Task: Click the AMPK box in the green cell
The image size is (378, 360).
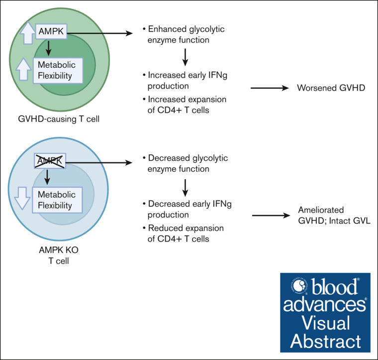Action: [x=51, y=31]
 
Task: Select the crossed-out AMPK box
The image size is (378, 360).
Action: [x=50, y=161]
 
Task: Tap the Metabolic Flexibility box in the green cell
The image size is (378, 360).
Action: [x=58, y=70]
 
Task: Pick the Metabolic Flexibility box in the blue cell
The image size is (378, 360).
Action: [x=57, y=200]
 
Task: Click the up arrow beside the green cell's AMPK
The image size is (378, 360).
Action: [x=28, y=32]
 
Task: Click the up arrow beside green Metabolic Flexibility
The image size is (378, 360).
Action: [x=23, y=69]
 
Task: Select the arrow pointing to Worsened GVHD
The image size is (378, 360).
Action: [x=270, y=88]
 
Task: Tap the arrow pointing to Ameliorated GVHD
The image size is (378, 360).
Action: [x=271, y=215]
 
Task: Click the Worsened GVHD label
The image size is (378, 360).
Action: [x=331, y=88]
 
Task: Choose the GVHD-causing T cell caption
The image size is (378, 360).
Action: [x=59, y=119]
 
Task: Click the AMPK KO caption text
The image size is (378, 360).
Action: [x=59, y=250]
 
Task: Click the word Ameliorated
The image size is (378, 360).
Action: [x=321, y=210]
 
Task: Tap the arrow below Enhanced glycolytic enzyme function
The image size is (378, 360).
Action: [x=185, y=57]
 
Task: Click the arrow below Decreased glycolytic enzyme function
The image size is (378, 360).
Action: [x=185, y=188]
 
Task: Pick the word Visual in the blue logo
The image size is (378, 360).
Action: [x=326, y=323]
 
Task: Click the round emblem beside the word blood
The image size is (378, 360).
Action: [x=299, y=286]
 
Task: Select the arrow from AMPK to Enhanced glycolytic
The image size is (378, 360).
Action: [x=100, y=33]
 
